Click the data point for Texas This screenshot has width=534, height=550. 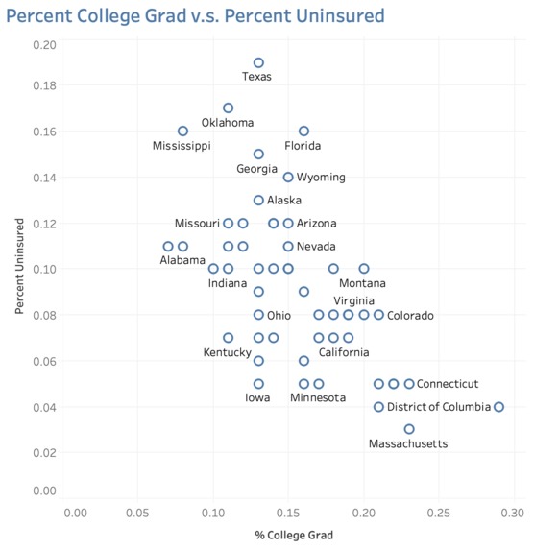(x=258, y=59)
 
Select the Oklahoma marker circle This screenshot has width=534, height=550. (x=229, y=104)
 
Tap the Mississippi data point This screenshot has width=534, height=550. (x=182, y=127)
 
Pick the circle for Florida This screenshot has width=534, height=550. (x=304, y=127)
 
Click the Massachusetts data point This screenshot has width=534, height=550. (x=409, y=425)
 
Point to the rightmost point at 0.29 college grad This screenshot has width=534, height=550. (x=498, y=403)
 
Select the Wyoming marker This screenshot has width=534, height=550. (x=288, y=173)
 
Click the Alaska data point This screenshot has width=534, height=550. (x=258, y=196)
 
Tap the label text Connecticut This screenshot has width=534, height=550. (x=448, y=384)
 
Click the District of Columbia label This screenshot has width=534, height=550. (x=439, y=407)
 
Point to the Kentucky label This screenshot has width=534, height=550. (x=228, y=352)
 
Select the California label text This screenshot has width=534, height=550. (x=344, y=352)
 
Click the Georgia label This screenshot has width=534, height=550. (x=256, y=169)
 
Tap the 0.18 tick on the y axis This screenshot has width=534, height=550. (x=44, y=85)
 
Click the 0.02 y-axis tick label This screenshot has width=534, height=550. (x=44, y=452)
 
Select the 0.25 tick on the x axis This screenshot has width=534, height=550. (x=439, y=513)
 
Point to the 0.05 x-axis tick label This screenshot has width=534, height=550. (x=137, y=513)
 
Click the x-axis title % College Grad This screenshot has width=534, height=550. (x=294, y=535)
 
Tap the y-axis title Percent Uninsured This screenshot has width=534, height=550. (x=19, y=266)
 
